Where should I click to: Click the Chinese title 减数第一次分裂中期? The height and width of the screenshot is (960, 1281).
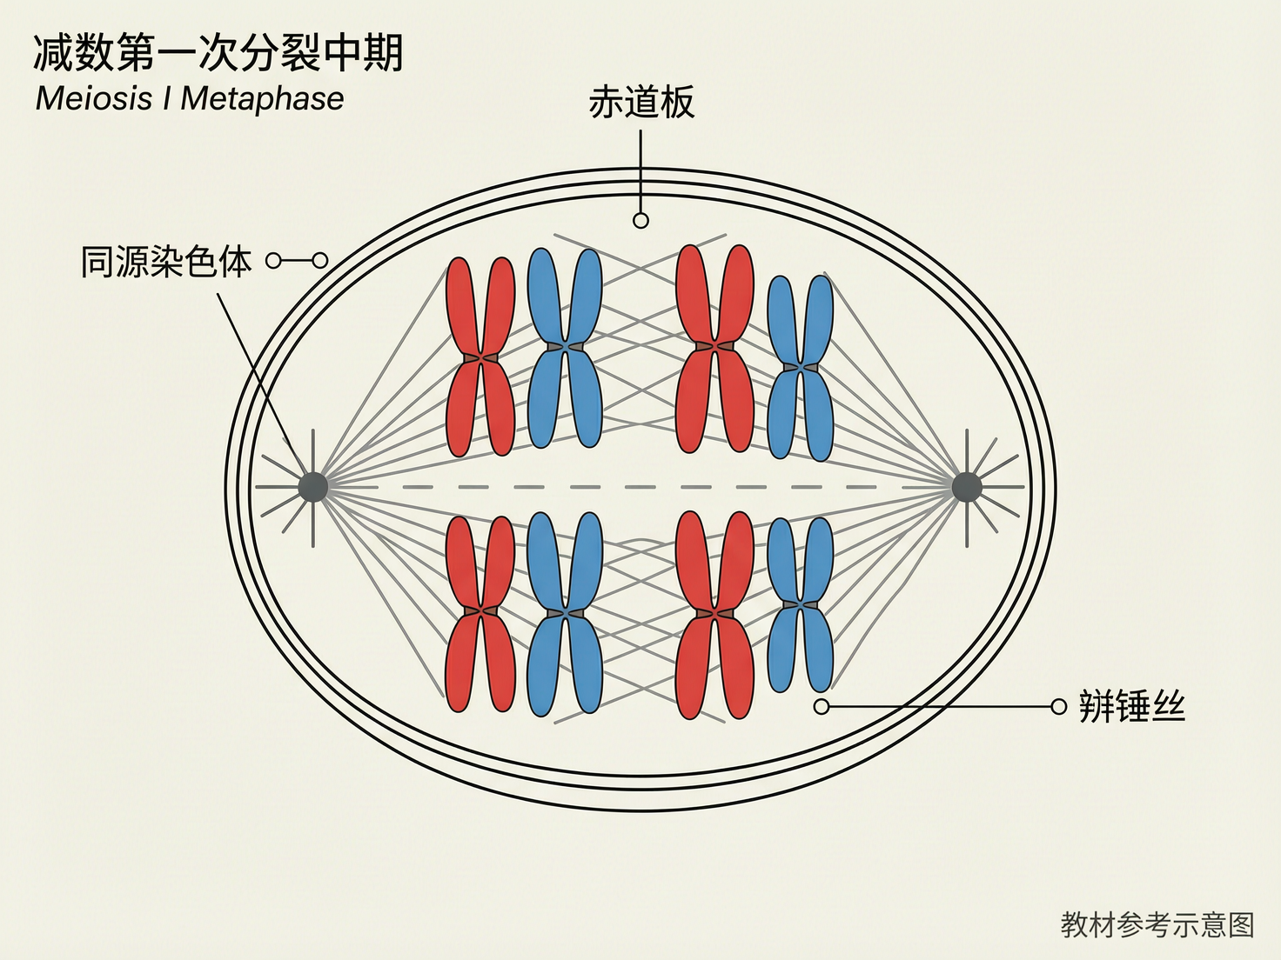pyautogui.click(x=218, y=53)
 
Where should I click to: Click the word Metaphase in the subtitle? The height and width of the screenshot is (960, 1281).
pyautogui.click(x=262, y=98)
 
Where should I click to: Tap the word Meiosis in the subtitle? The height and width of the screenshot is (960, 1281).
pyautogui.click(x=94, y=98)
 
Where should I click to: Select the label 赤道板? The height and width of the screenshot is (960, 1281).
pyautogui.click(x=641, y=103)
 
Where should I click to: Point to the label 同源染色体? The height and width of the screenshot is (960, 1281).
pyautogui.click(x=166, y=261)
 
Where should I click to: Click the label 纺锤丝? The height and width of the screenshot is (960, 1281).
pyautogui.click(x=1131, y=706)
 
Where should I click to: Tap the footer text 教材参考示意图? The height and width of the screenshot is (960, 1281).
pyautogui.click(x=1157, y=924)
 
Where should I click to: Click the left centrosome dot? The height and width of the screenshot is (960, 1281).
pyautogui.click(x=313, y=487)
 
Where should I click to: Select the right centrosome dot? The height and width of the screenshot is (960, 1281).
pyautogui.click(x=967, y=487)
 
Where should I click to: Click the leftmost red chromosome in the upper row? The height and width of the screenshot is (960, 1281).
pyautogui.click(x=480, y=357)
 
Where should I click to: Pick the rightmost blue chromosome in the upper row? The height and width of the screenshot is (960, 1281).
pyautogui.click(x=801, y=368)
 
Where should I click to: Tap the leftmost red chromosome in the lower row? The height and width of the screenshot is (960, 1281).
pyautogui.click(x=480, y=613)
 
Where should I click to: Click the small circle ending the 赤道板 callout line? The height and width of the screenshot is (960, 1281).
pyautogui.click(x=641, y=221)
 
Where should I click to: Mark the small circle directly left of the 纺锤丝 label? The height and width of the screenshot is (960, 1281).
pyautogui.click(x=1058, y=706)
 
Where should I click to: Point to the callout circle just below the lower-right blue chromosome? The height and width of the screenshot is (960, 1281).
pyautogui.click(x=822, y=706)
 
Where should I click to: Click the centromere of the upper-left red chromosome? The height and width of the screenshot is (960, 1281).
pyautogui.click(x=480, y=357)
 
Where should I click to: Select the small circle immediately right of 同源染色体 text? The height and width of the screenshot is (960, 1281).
pyautogui.click(x=273, y=261)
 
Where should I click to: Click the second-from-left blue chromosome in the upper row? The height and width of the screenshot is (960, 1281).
pyautogui.click(x=565, y=348)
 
